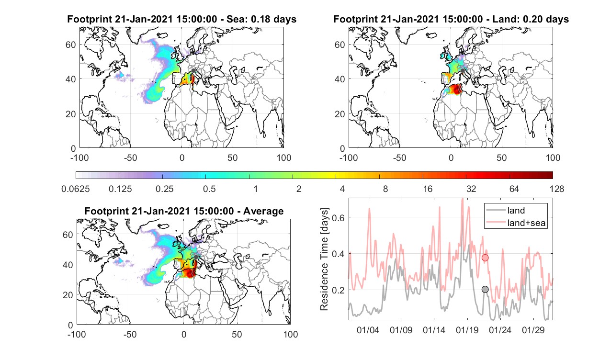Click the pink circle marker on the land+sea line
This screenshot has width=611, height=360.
coord(485,258)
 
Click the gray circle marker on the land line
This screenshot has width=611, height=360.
coord(485,289)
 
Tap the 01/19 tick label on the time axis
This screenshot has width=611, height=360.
coord(467,330)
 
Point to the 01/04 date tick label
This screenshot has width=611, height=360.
coord(368,330)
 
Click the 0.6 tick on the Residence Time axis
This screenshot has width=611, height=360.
coord(339,217)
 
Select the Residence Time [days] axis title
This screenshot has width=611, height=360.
coord(324,259)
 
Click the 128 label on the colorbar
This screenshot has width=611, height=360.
coord(557,189)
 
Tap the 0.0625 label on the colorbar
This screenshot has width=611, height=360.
coord(76,189)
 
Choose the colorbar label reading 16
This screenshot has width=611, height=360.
coord(428,189)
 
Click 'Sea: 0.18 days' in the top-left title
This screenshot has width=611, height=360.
coord(261,19)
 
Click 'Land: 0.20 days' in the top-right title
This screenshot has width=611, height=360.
coord(532,19)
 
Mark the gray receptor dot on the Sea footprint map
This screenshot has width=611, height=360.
coord(193,70)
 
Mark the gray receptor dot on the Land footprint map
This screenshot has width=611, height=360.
coord(463,71)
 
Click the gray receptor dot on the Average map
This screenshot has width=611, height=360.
coord(196,257)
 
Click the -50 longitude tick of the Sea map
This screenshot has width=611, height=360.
coord(130,157)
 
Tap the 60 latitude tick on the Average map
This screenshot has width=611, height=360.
coord(68,235)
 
